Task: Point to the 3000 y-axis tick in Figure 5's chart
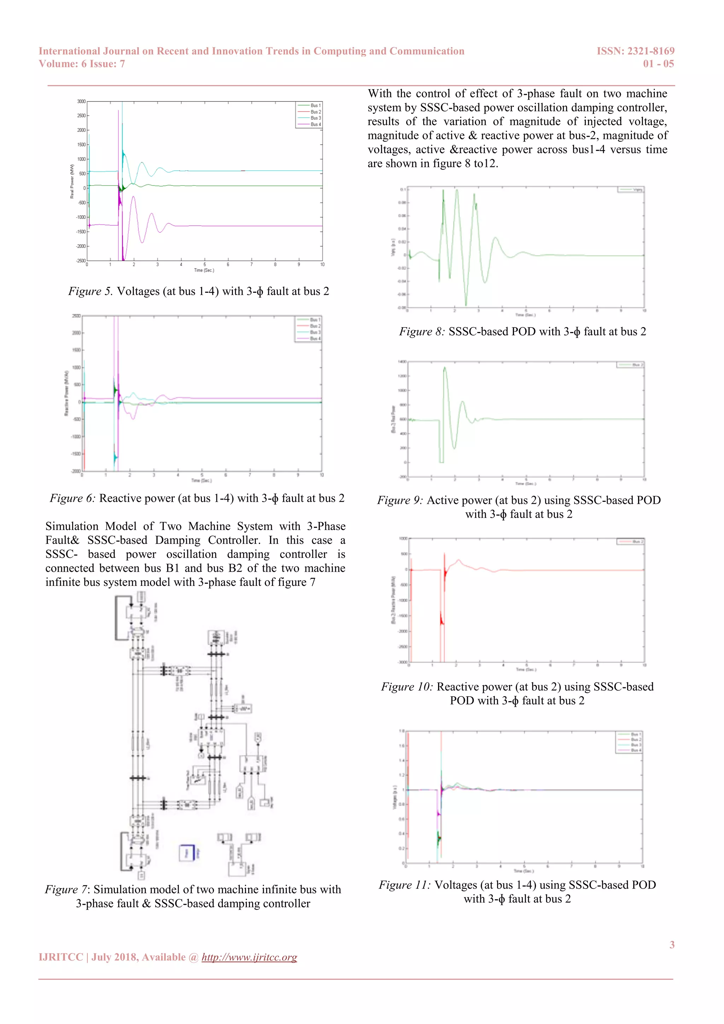click(x=81, y=102)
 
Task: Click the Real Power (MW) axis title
click(x=72, y=181)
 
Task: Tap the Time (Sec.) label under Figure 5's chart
click(x=204, y=270)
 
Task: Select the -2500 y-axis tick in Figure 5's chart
click(x=81, y=261)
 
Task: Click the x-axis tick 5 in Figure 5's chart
click(x=205, y=265)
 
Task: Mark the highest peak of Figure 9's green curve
click(x=444, y=368)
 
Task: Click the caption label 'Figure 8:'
click(x=422, y=332)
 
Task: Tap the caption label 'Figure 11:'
click(x=404, y=885)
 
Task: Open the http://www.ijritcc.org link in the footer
click(x=249, y=957)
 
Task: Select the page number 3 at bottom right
click(x=672, y=944)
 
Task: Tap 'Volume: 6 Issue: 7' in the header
click(x=82, y=64)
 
